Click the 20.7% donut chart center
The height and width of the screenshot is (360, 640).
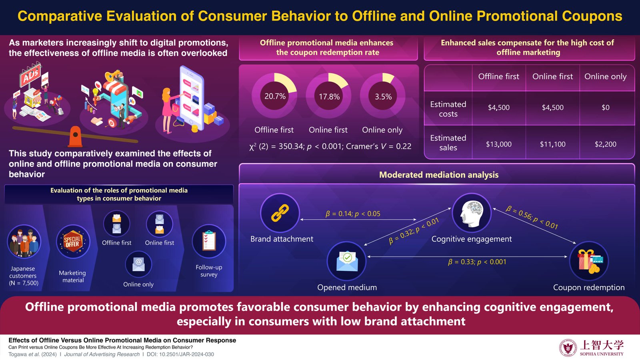275,96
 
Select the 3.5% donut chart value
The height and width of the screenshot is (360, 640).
383,96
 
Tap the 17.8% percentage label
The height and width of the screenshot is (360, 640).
329,96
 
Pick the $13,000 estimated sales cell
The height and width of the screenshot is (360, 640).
498,144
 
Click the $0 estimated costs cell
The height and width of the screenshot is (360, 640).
606,108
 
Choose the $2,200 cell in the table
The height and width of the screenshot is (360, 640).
606,144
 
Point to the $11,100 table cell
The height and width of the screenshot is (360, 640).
552,144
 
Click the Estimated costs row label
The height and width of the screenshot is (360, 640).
448,109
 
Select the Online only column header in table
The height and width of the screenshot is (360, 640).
606,76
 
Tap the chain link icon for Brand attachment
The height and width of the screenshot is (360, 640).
280,213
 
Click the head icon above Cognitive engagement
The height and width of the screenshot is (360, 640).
472,213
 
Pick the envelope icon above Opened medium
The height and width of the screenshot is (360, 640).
347,261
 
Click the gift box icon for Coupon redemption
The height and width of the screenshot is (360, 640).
590,261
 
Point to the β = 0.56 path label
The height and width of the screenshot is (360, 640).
532,218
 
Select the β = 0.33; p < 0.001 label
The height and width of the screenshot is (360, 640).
477,262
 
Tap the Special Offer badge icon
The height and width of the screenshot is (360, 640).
72,242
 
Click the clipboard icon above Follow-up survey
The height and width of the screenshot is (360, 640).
209,240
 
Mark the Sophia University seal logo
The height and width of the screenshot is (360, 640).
568,348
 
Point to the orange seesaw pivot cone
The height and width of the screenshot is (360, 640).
76,136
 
